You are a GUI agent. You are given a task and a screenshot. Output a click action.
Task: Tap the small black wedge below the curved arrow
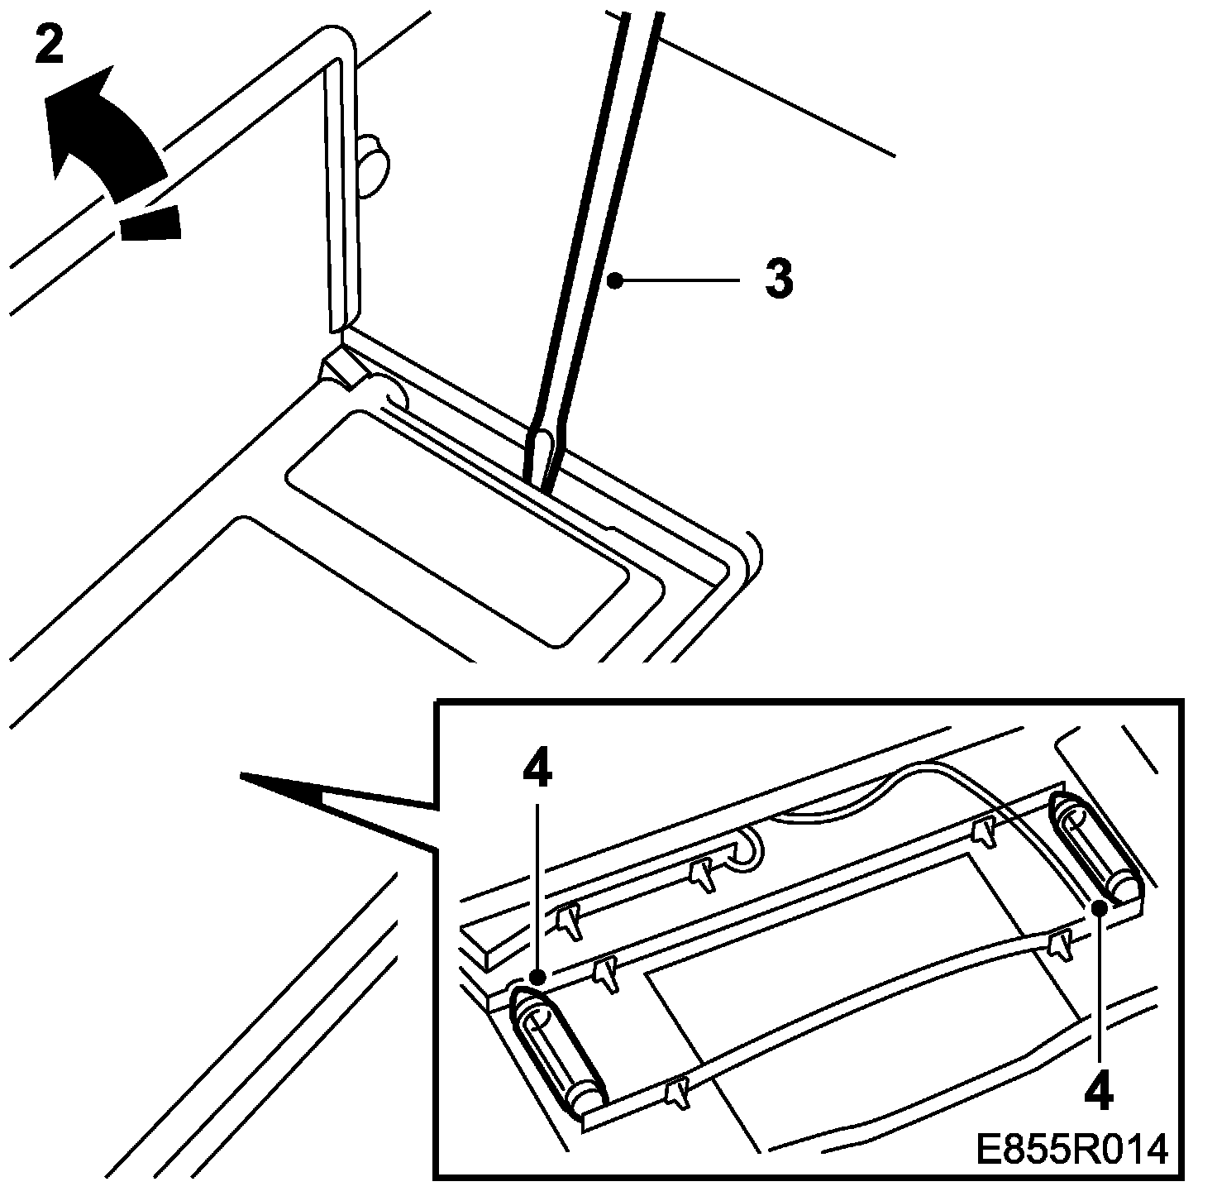click(x=151, y=224)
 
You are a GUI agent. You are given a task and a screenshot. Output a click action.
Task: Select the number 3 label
click(x=778, y=280)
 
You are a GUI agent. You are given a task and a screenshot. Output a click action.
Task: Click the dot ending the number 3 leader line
click(x=613, y=281)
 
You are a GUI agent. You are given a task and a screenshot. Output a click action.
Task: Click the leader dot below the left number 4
click(x=537, y=977)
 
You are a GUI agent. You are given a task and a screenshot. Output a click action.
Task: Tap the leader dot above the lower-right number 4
click(x=1099, y=909)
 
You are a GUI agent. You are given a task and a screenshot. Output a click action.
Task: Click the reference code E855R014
click(x=1072, y=1149)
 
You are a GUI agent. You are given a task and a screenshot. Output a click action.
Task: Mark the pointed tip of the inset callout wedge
click(x=244, y=775)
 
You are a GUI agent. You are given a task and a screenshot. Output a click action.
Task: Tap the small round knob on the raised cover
click(x=374, y=163)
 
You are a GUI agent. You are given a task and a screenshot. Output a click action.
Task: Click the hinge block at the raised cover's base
click(x=339, y=365)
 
